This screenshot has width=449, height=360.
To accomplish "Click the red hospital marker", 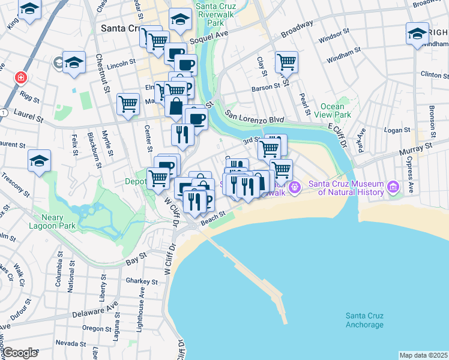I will point(21,78).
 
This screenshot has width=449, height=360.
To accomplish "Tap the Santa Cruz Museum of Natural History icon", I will point(393,188).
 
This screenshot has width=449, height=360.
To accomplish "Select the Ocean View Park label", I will point(335,110).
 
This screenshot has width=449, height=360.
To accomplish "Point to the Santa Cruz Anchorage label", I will point(364,320).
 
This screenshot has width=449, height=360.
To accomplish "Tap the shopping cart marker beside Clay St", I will point(286,62).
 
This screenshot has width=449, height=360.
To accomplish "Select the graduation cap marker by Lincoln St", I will point(74,62).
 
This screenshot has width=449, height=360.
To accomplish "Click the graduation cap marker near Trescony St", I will point(39,161).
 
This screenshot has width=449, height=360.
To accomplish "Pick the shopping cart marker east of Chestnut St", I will point(128,104).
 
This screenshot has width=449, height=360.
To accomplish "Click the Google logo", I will point(19,353).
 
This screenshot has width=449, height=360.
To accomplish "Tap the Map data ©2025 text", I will point(423,355).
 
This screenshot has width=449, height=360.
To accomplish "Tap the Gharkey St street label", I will point(141,280).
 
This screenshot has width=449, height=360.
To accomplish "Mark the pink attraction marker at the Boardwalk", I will point(295,188).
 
